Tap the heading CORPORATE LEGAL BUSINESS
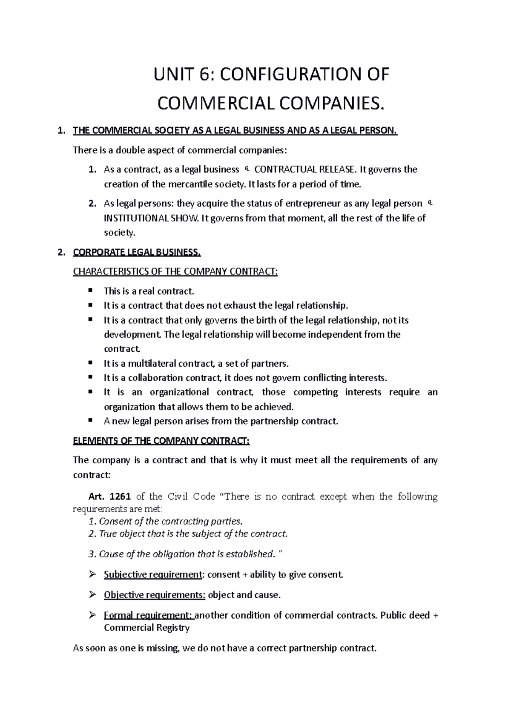pos(136,252)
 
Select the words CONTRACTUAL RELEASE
pos(304,169)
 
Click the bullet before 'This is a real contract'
pos(90,290)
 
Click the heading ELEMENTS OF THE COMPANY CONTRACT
pos(161,441)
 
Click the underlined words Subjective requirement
pos(152,575)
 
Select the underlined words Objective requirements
pos(154,595)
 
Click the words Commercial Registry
pos(146,628)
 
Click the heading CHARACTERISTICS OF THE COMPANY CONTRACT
pos(175,272)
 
